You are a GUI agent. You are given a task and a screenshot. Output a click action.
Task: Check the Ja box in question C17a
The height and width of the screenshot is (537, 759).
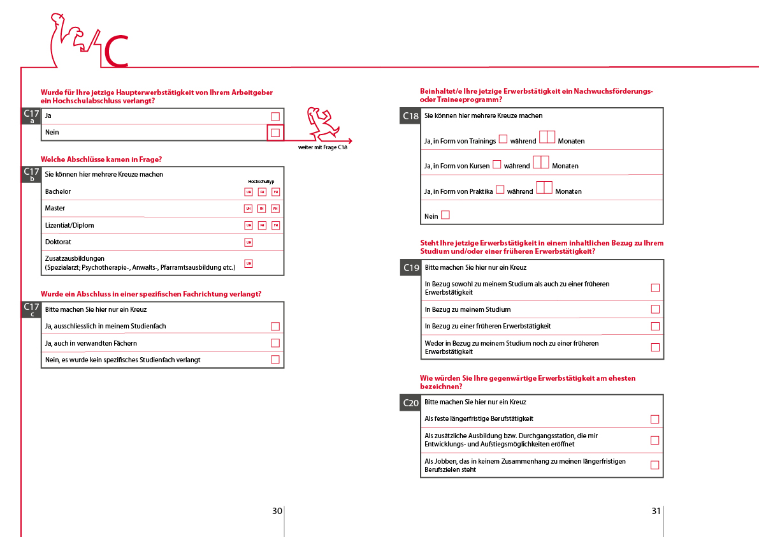(x=275, y=116)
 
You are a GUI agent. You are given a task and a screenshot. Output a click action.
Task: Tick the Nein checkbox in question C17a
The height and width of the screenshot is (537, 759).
(x=275, y=133)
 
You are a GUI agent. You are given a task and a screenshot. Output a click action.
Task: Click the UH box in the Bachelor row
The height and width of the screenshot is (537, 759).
(x=249, y=192)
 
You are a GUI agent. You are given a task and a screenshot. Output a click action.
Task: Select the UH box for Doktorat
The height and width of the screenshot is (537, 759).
(x=249, y=242)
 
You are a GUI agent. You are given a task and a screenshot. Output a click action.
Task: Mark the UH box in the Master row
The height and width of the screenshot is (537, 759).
(x=249, y=209)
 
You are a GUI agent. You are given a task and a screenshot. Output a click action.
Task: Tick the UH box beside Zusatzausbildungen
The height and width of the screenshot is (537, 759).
(x=249, y=263)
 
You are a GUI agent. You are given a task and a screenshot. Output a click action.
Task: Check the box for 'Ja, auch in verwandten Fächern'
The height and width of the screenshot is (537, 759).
(x=275, y=343)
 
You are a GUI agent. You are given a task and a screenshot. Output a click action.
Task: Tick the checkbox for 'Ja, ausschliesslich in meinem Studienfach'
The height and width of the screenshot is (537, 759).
(x=275, y=327)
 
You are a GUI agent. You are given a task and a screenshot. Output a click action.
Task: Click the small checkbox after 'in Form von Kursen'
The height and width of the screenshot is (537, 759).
(x=497, y=165)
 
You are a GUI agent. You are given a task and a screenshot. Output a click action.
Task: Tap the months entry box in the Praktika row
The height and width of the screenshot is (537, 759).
(x=544, y=188)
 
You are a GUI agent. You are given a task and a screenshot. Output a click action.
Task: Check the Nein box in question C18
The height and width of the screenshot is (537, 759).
(x=445, y=216)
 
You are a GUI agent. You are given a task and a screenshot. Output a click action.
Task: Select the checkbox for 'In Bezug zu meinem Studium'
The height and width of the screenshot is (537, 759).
(x=655, y=309)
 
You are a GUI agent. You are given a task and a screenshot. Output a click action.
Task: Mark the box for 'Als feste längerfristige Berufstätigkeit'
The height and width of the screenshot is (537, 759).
(x=654, y=419)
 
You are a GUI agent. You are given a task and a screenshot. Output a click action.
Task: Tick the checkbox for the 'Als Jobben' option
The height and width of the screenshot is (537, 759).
(x=654, y=465)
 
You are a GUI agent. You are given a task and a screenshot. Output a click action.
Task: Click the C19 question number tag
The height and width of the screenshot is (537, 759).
(x=411, y=268)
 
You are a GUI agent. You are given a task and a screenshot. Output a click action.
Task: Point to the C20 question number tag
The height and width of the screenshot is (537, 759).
(x=411, y=403)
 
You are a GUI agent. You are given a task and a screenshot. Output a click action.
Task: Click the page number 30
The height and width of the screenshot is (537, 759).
(x=277, y=511)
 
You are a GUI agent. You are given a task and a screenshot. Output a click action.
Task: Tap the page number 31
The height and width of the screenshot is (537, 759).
(x=656, y=511)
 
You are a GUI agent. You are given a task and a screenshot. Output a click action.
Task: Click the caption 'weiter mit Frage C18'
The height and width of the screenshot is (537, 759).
(x=322, y=147)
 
